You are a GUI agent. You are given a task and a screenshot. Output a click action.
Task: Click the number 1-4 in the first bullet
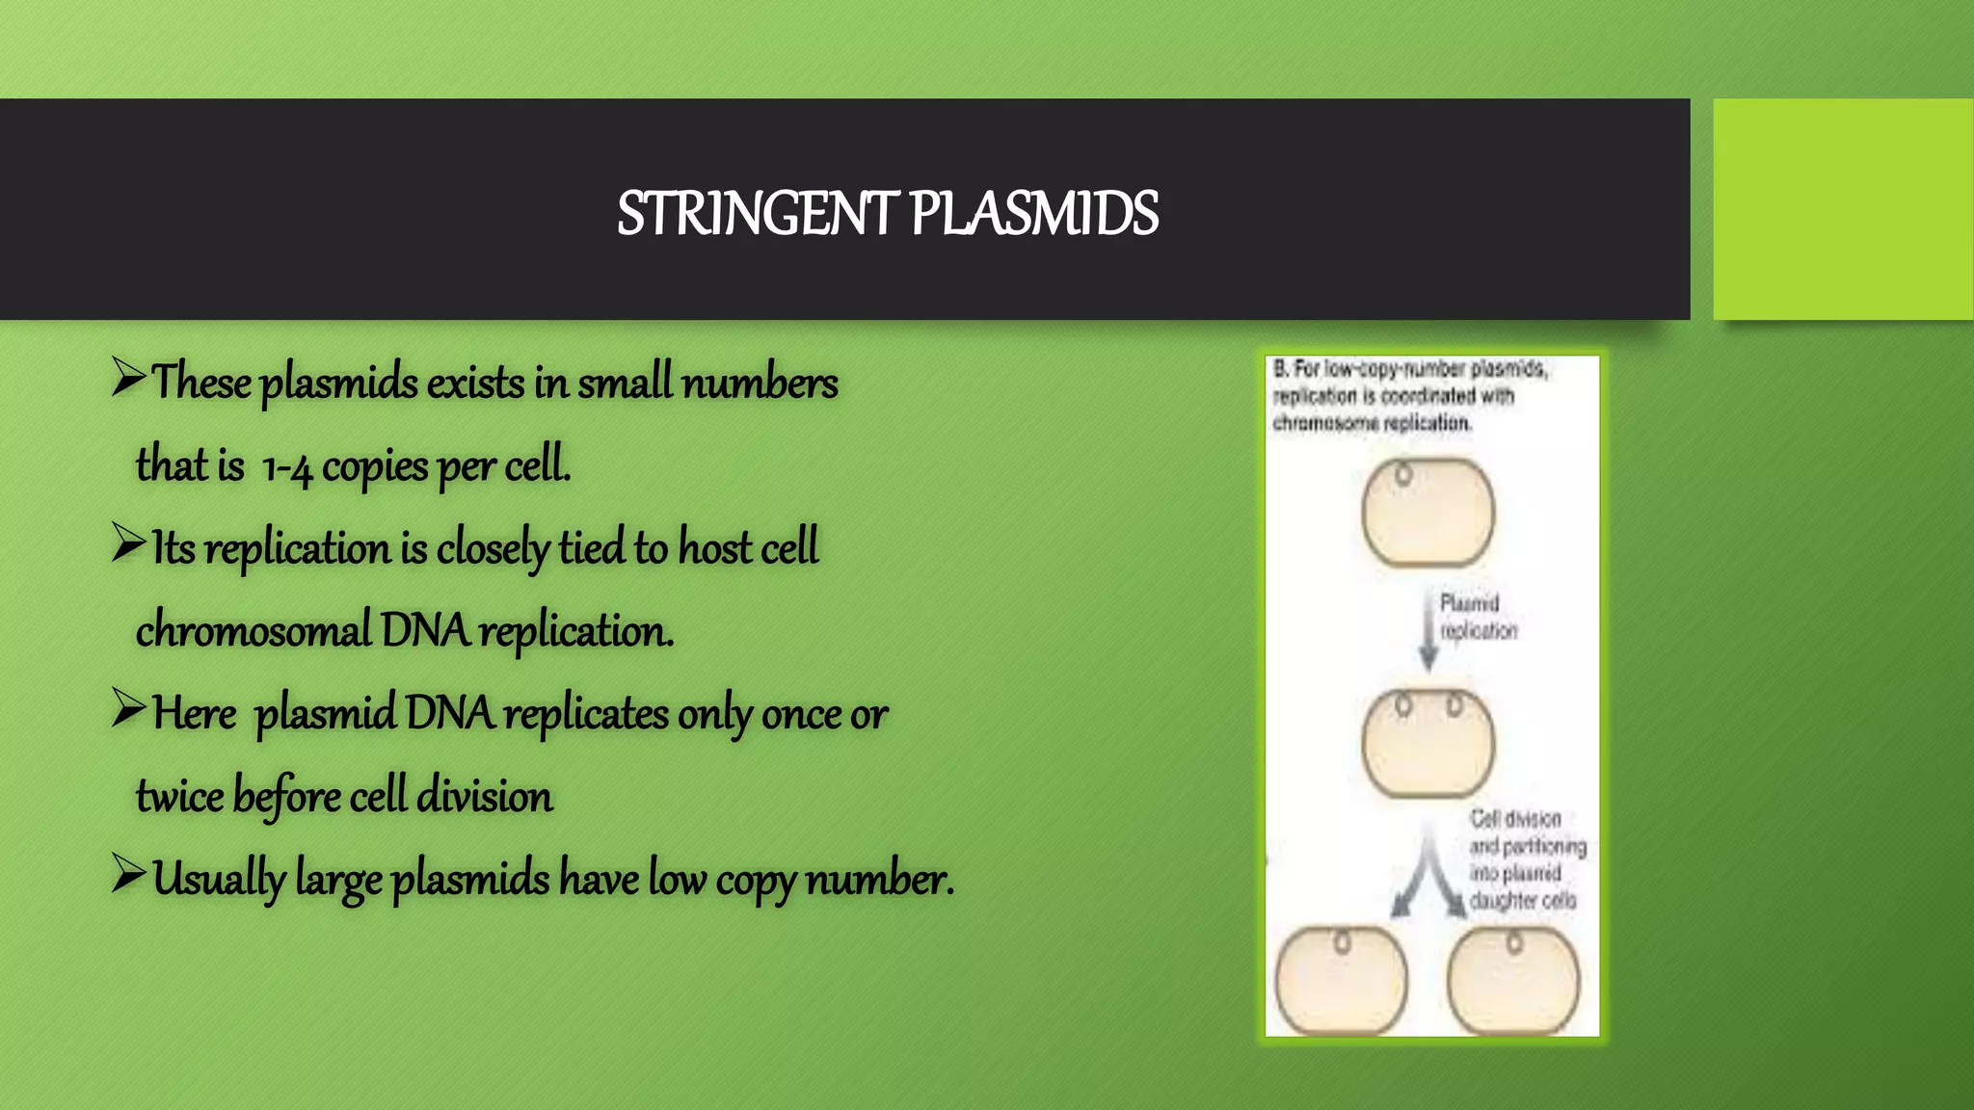point(286,467)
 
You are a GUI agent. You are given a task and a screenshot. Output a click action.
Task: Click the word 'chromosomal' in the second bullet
point(253,632)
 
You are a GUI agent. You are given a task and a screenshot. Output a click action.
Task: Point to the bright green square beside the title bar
point(1843,209)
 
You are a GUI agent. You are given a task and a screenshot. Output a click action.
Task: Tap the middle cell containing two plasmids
point(1427,743)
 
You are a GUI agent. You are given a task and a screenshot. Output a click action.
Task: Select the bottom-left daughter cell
point(1341,981)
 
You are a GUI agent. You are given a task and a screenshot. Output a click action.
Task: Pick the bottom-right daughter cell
point(1513,981)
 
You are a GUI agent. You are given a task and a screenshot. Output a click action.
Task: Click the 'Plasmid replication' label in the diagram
point(1478,617)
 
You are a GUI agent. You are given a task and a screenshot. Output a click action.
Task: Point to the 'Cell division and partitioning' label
point(1527,859)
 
